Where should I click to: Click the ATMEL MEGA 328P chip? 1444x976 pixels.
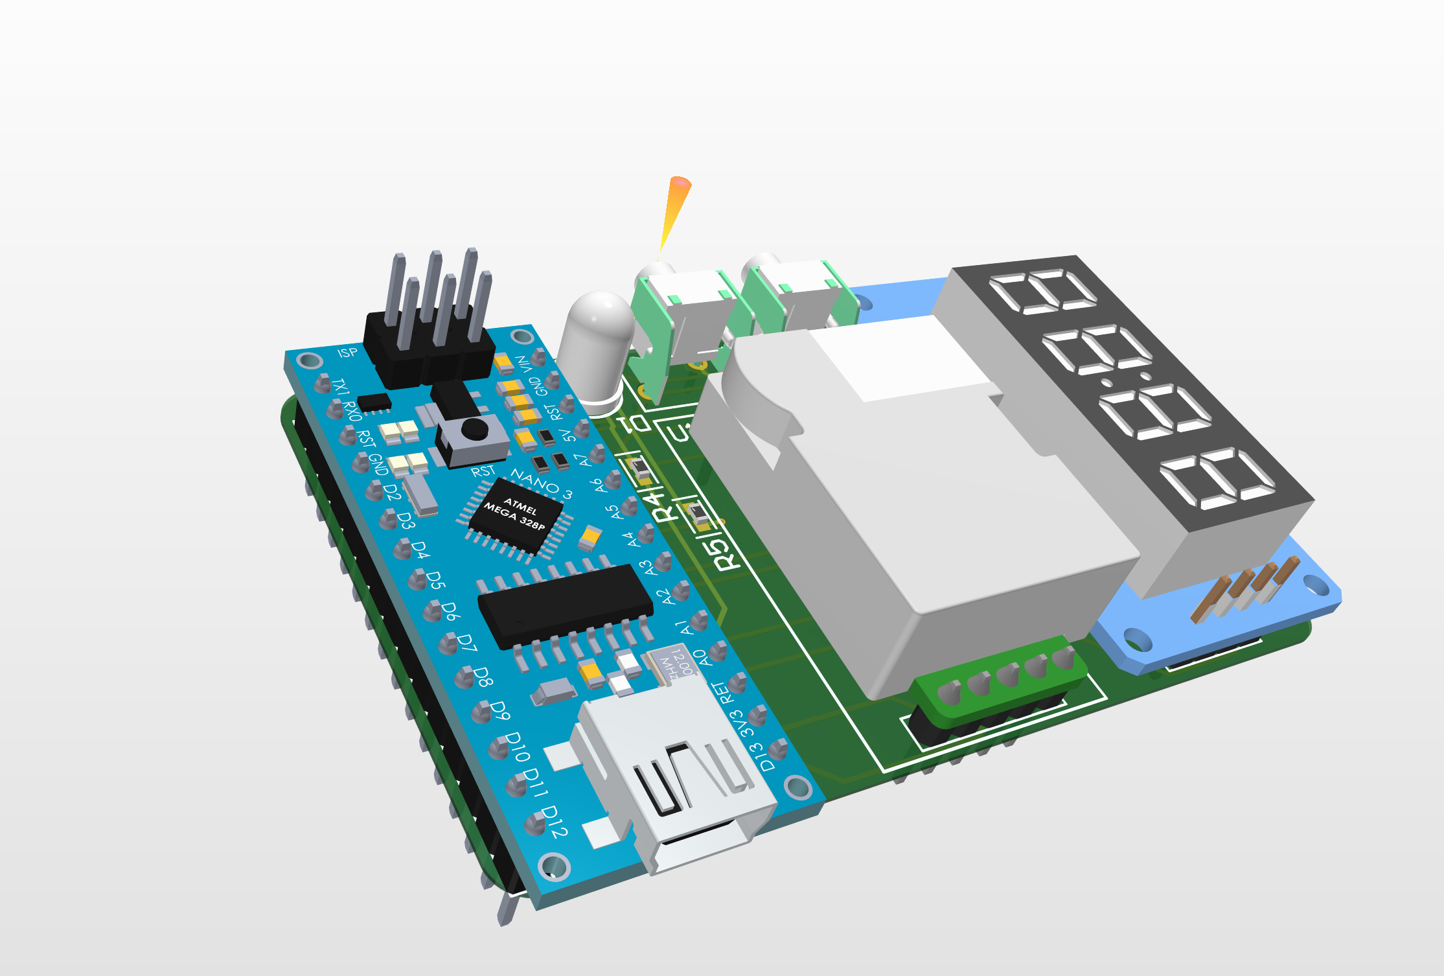click(516, 515)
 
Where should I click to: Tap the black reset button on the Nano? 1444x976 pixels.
click(475, 428)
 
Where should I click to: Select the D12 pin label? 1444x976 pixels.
click(555, 821)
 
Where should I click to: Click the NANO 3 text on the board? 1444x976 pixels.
click(541, 483)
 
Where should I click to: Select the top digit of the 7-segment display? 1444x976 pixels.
click(1043, 291)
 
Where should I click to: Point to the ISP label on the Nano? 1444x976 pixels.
click(347, 353)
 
